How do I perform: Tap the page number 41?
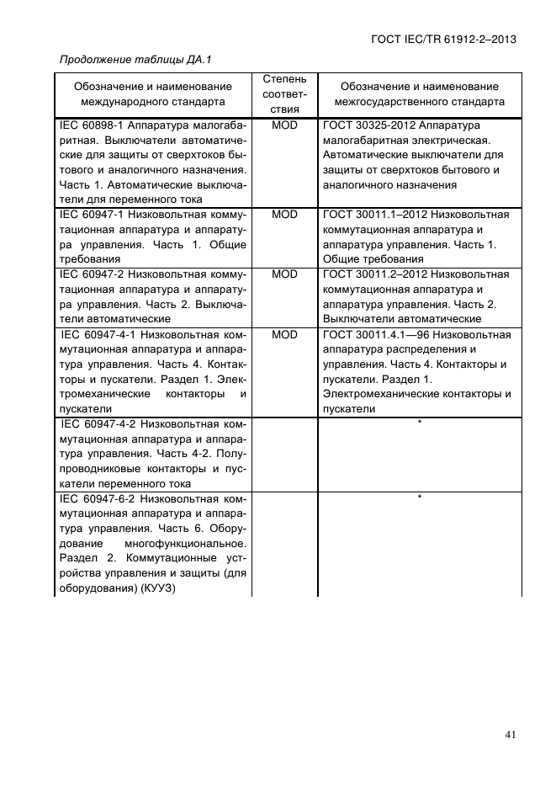(510, 735)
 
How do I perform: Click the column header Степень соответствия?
(284, 93)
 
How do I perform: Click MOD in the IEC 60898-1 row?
(284, 124)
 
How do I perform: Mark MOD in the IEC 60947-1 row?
(284, 215)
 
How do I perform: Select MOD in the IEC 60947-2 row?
(284, 274)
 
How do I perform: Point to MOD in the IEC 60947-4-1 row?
(284, 334)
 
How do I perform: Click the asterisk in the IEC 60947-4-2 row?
(419, 423)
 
